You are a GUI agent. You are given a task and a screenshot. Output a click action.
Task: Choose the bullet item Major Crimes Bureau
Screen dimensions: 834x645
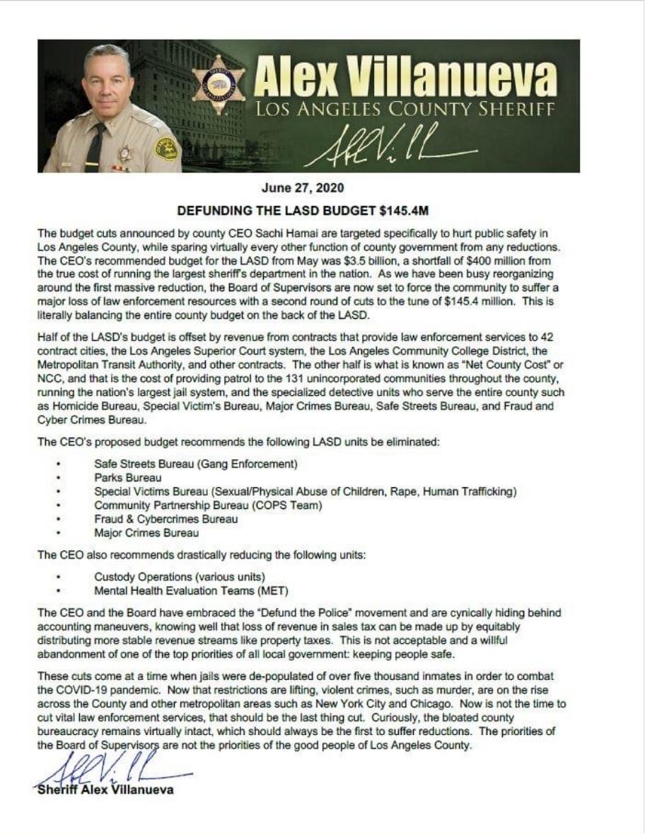(x=146, y=533)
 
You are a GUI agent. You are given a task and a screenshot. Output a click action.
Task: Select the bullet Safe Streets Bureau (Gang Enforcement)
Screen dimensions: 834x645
(x=195, y=464)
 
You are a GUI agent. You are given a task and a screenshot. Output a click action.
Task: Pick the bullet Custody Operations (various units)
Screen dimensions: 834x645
(x=180, y=577)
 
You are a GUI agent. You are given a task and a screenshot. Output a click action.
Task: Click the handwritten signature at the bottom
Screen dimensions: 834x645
(x=113, y=767)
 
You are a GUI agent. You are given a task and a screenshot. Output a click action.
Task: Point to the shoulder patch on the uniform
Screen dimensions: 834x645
(x=166, y=148)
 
